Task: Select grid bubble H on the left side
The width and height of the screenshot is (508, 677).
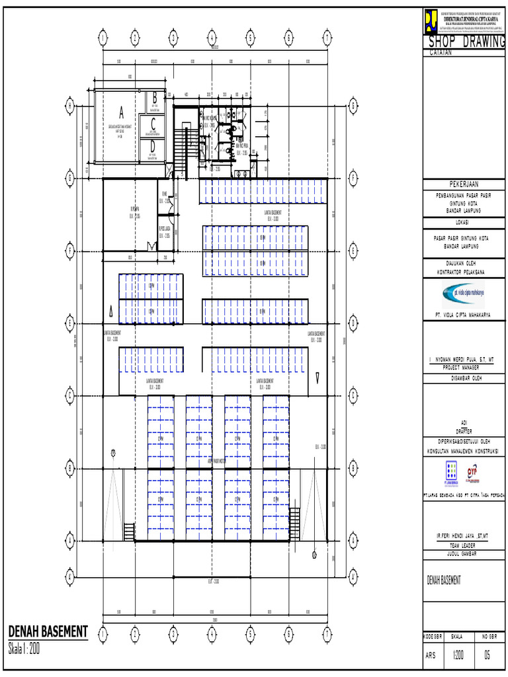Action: pyautogui.click(x=69, y=105)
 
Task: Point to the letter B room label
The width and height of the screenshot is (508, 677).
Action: pyautogui.click(x=153, y=97)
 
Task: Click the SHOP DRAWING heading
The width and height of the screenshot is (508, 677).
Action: pyautogui.click(x=466, y=42)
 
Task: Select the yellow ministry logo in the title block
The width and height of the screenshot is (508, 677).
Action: pyautogui.click(x=431, y=20)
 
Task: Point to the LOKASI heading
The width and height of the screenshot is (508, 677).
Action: pyautogui.click(x=465, y=223)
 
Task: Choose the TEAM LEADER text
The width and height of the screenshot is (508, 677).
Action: pyautogui.click(x=464, y=545)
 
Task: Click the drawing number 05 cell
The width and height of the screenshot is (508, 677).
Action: pyautogui.click(x=487, y=656)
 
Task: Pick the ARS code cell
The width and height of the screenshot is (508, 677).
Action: pyautogui.click(x=431, y=656)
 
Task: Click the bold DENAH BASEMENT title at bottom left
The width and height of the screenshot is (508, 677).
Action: pyautogui.click(x=48, y=631)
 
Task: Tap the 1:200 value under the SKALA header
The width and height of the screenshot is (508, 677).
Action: pyautogui.click(x=457, y=656)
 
